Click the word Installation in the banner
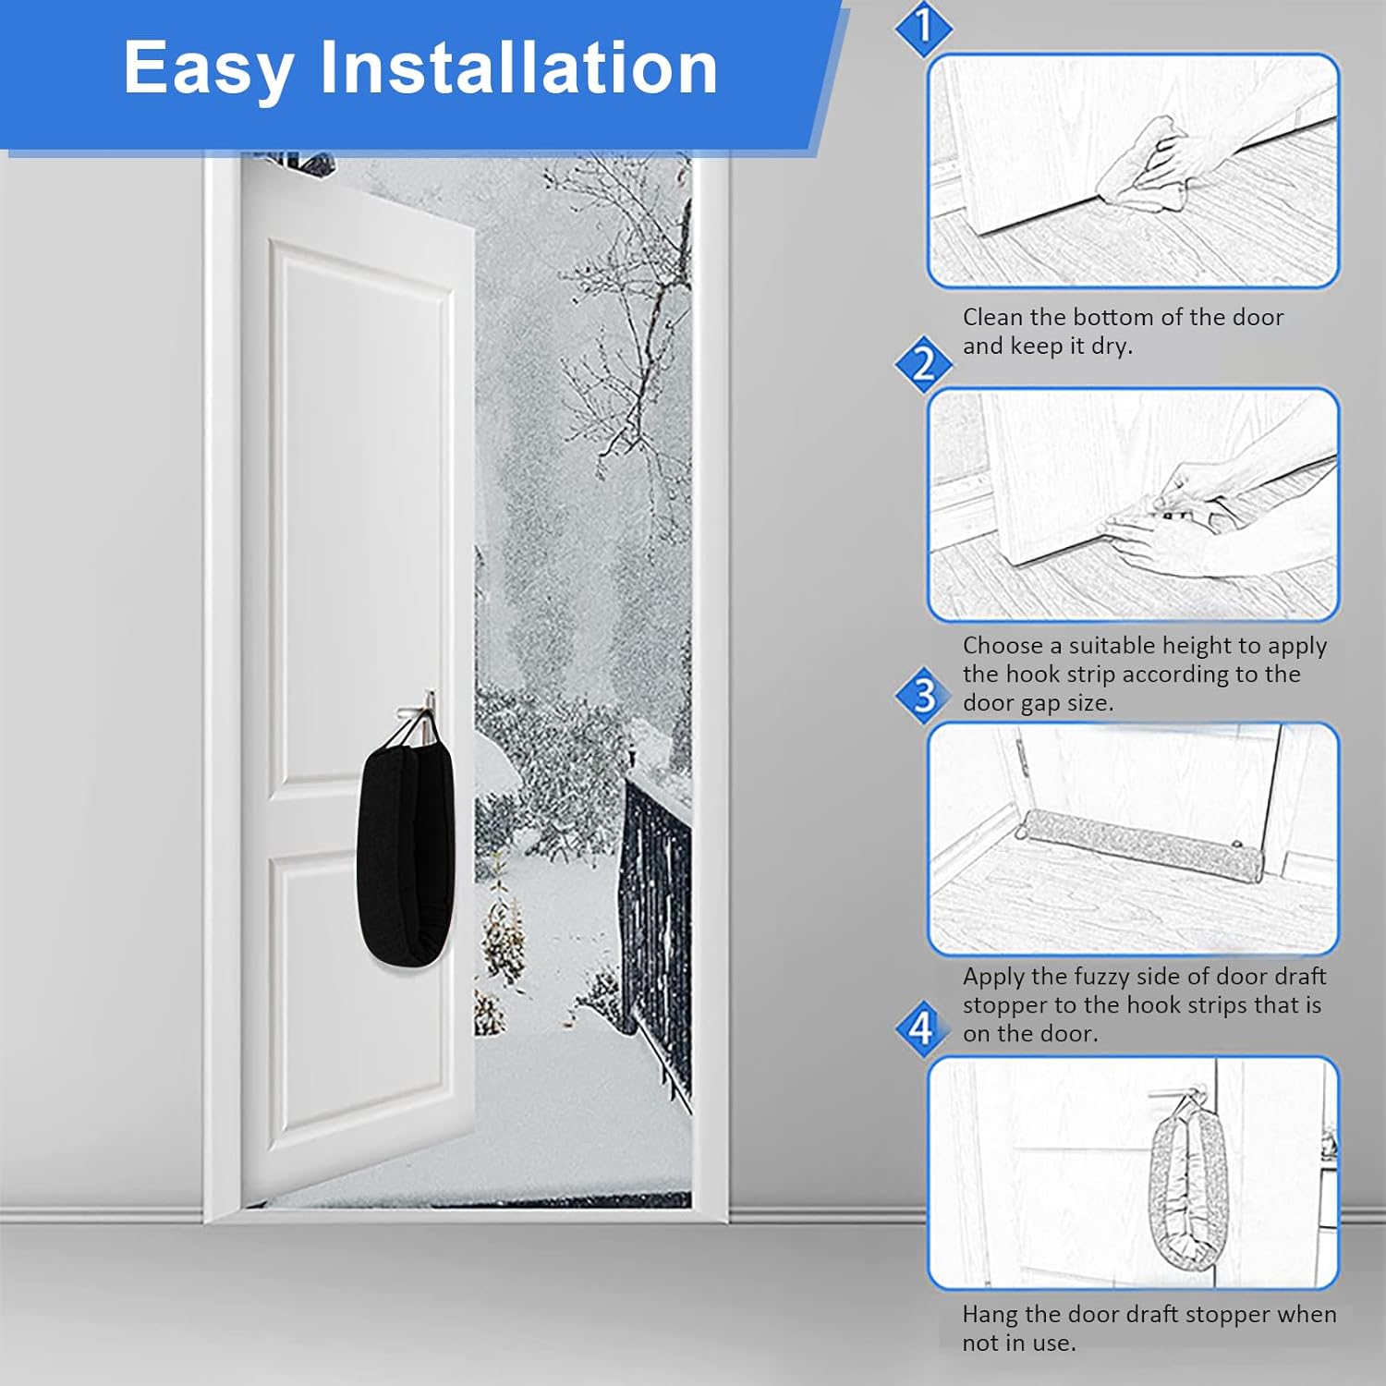click(518, 67)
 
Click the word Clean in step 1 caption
click(993, 317)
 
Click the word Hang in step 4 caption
click(989, 1314)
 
